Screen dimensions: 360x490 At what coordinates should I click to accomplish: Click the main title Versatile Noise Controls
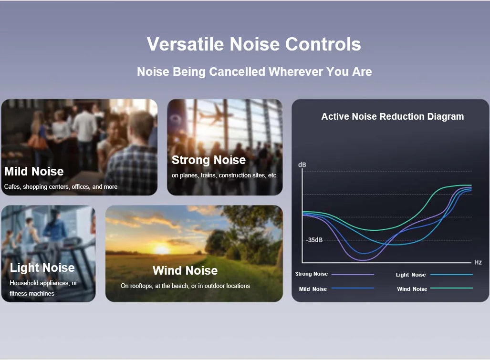coord(254,44)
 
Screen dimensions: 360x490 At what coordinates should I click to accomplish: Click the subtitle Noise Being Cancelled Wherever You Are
coord(254,72)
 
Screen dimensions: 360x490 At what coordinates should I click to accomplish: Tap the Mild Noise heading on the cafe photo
coord(34,171)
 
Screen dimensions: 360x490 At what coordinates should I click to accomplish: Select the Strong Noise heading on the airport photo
coord(209,160)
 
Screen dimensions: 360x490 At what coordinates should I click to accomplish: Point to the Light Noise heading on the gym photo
coord(42,268)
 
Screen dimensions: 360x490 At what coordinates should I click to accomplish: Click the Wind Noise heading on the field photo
coord(185,271)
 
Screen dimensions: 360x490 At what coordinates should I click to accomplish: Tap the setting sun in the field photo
coord(162,249)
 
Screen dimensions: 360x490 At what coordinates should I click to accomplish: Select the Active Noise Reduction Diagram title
coord(392,116)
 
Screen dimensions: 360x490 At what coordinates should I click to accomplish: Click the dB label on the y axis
coord(302,165)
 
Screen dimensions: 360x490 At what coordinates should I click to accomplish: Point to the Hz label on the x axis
coord(478,263)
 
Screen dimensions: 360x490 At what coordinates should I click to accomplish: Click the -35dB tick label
coord(314,240)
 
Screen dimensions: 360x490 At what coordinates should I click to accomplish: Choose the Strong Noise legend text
coord(312,274)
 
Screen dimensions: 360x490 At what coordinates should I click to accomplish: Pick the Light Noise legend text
coord(411,275)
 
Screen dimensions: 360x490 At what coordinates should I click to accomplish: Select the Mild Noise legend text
coord(313,289)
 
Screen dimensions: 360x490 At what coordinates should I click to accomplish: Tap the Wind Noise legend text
coord(412,289)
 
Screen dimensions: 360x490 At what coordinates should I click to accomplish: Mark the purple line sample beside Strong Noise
coord(353,274)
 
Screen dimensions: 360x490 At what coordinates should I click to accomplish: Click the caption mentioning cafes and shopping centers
coord(61,187)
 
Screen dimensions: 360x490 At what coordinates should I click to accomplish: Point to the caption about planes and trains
coord(224,175)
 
